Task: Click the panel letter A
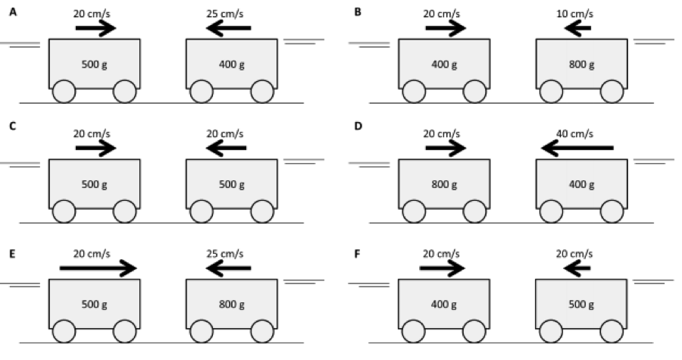point(13,12)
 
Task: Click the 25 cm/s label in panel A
point(224,14)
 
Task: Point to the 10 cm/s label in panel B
point(575,14)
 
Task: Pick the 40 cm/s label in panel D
point(575,133)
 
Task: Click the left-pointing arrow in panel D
point(577,148)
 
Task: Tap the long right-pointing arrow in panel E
point(98,268)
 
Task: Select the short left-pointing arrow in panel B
point(577,29)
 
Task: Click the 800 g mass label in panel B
point(581,64)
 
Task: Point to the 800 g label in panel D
point(445,184)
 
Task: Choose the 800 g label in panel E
point(231,305)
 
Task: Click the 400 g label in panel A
point(231,64)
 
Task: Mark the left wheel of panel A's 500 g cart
point(64,92)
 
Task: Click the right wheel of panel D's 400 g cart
point(612,211)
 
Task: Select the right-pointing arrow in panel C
point(95,148)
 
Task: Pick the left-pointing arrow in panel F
point(577,268)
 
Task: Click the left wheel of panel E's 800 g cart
point(201,332)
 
